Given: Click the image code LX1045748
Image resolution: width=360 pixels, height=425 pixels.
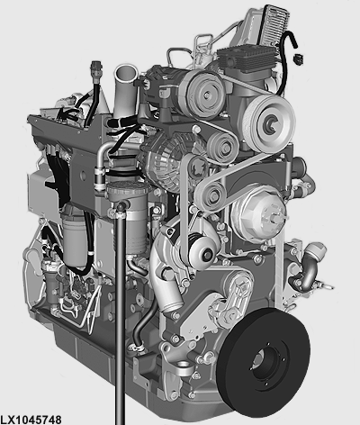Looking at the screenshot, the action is click(31, 420).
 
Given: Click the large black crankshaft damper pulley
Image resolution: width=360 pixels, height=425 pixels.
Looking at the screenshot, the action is click(264, 362).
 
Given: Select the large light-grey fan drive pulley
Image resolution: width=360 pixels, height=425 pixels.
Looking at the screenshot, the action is click(269, 123).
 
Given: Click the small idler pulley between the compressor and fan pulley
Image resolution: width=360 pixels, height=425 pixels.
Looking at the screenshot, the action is click(222, 147).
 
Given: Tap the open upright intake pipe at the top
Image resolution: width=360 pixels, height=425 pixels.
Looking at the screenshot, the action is click(125, 90).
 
